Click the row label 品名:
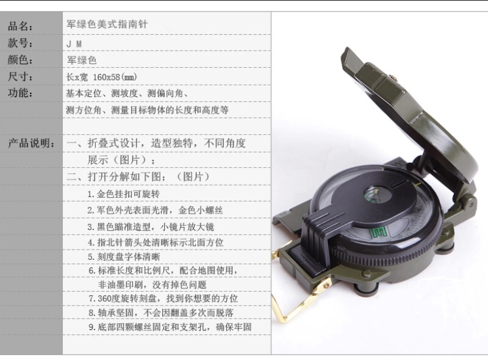click(20, 26)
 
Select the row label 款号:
click(20, 43)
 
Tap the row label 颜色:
click(20, 59)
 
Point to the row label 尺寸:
click(20, 76)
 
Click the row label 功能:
click(20, 93)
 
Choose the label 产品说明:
click(31, 143)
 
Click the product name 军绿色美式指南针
click(107, 24)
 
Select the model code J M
click(74, 44)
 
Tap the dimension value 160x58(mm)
click(115, 77)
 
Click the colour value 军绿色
click(82, 60)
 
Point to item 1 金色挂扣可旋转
click(124, 194)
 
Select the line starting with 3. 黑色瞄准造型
click(151, 227)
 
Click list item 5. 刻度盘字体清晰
click(124, 257)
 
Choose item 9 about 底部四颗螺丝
click(170, 327)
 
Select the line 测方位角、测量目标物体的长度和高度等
click(147, 110)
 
